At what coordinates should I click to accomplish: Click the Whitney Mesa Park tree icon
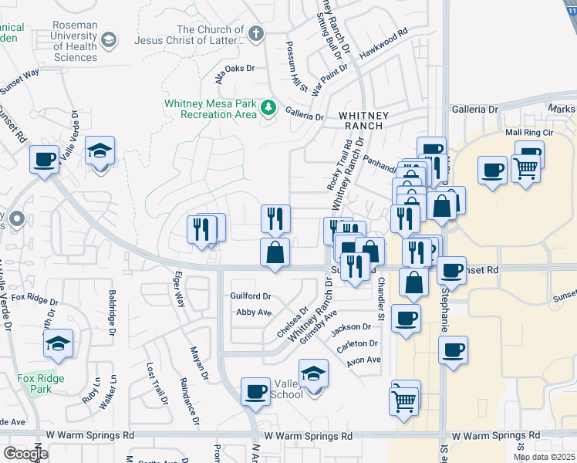pyautogui.click(x=268, y=107)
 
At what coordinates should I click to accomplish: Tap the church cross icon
pyautogui.click(x=257, y=34)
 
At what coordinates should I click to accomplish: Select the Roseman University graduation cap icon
pyautogui.click(x=108, y=39)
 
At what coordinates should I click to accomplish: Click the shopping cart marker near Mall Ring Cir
pyautogui.click(x=525, y=166)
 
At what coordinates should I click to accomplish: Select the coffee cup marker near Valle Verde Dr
pyautogui.click(x=45, y=160)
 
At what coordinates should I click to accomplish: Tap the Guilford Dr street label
pyautogui.click(x=251, y=296)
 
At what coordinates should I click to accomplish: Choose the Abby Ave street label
pyautogui.click(x=254, y=313)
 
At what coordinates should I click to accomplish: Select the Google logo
pyautogui.click(x=25, y=454)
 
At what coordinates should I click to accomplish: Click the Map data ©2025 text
pyautogui.click(x=545, y=457)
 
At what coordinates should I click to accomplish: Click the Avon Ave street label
pyautogui.click(x=363, y=360)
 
